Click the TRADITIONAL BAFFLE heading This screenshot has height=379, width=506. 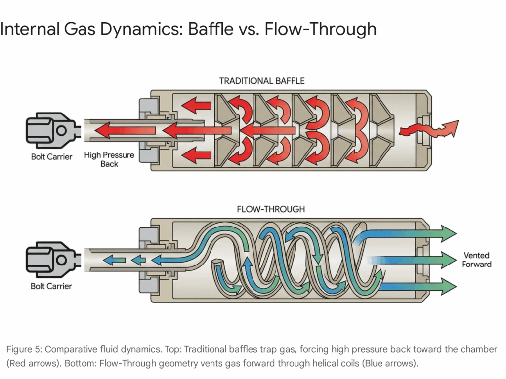click(x=262, y=81)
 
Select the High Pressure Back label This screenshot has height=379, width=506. click(x=109, y=159)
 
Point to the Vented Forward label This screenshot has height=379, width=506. click(x=476, y=260)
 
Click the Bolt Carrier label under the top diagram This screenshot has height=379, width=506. click(x=51, y=157)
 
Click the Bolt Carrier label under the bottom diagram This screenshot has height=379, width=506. click(x=51, y=286)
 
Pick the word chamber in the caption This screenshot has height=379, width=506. click(x=479, y=349)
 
